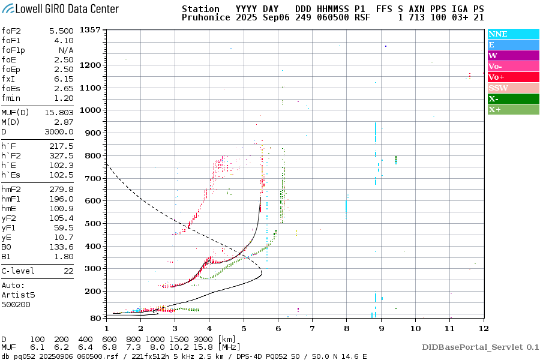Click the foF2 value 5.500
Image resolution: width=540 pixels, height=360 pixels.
pos(61,31)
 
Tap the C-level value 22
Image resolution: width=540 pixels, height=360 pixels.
pos(67,271)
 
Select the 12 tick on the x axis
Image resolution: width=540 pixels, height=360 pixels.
pos(483,328)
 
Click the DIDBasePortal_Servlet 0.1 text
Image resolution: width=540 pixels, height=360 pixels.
pos(480,347)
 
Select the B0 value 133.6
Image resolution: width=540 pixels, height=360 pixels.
pos(61,247)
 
